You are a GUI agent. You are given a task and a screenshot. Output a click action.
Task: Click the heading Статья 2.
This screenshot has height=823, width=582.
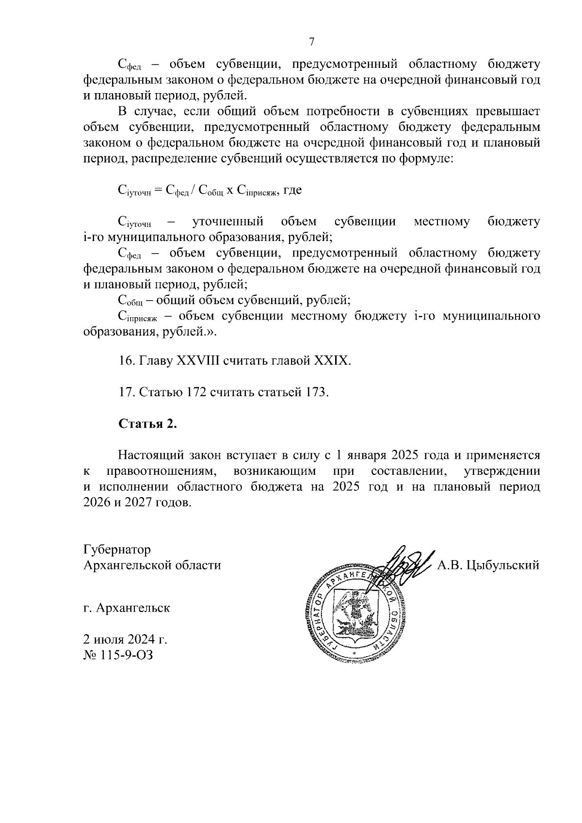click(x=148, y=423)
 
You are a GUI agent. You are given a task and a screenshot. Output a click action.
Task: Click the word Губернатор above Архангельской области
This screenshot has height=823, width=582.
click(x=117, y=549)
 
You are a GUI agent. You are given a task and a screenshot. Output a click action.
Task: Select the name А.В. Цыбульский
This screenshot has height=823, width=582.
click(x=488, y=565)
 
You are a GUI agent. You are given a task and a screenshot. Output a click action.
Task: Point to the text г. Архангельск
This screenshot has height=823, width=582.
click(x=127, y=608)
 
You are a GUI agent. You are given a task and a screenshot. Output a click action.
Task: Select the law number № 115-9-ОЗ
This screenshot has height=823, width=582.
click(x=118, y=655)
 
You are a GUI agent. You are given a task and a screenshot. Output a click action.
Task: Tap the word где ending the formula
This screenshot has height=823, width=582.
click(x=292, y=190)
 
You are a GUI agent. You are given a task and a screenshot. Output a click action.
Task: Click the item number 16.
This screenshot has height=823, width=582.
click(x=126, y=361)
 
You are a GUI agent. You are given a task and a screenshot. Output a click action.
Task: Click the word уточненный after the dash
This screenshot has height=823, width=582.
click(x=228, y=222)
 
